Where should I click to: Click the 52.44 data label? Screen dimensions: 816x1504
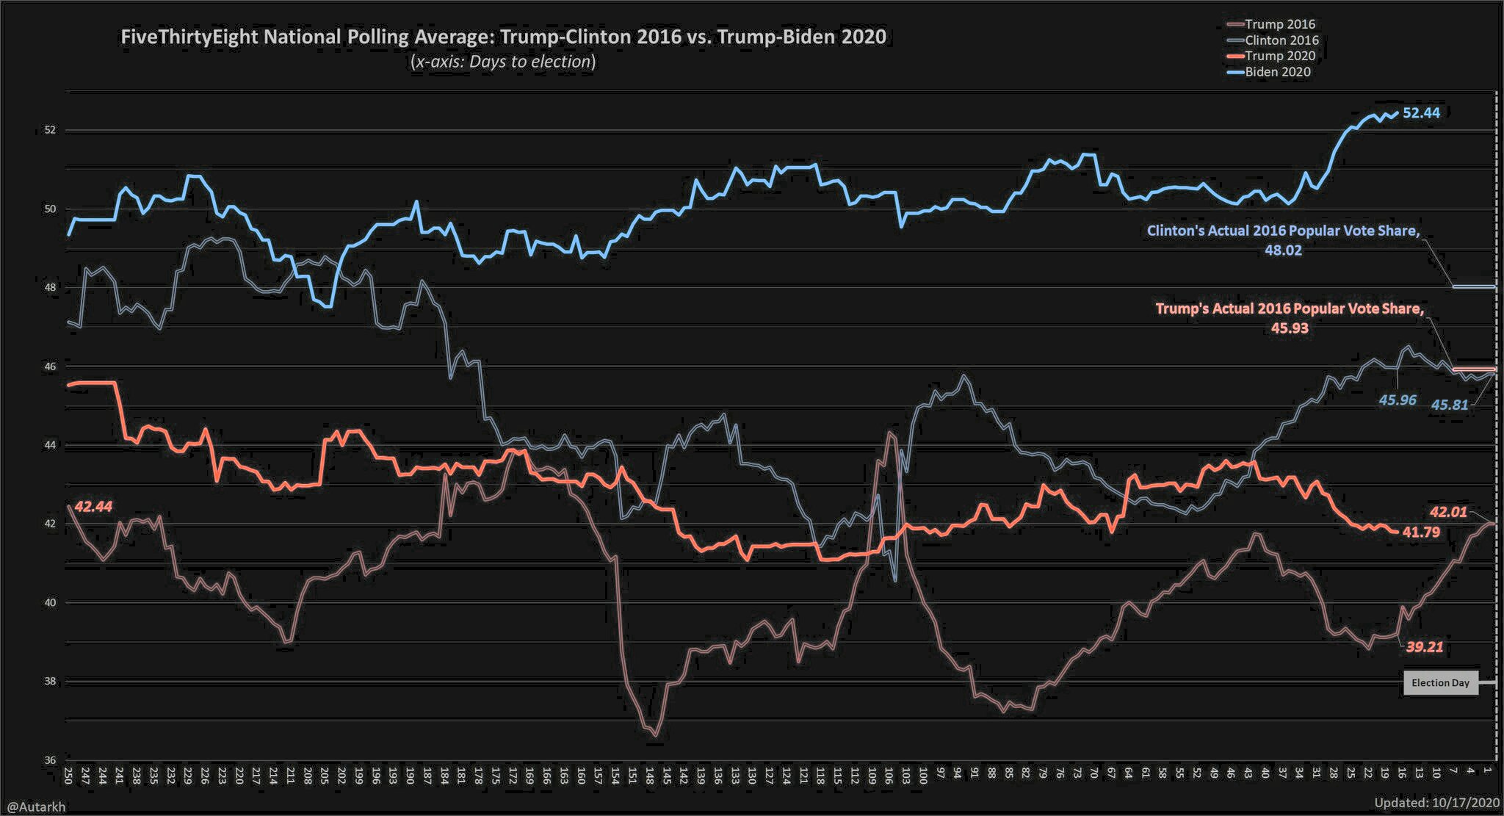(1421, 113)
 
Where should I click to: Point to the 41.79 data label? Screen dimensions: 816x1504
(1421, 532)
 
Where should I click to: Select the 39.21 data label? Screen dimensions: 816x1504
(1425, 647)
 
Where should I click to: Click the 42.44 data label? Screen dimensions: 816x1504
(93, 507)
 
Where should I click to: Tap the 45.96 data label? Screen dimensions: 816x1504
(1398, 400)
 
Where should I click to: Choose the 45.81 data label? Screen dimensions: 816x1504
(1450, 405)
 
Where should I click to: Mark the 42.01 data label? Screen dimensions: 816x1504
(1448, 512)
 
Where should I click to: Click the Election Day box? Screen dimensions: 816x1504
(1440, 683)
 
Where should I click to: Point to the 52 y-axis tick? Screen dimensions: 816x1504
(50, 130)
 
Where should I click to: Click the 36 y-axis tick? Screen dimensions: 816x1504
(50, 760)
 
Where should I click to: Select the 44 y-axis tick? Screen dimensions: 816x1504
(50, 445)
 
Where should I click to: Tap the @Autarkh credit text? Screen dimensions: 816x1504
(36, 806)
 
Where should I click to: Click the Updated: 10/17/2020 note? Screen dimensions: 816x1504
(1437, 803)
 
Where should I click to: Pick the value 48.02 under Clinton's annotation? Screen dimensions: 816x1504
(1282, 250)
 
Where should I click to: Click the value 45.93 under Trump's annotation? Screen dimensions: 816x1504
(1290, 328)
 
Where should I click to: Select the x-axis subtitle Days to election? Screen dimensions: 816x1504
(503, 62)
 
